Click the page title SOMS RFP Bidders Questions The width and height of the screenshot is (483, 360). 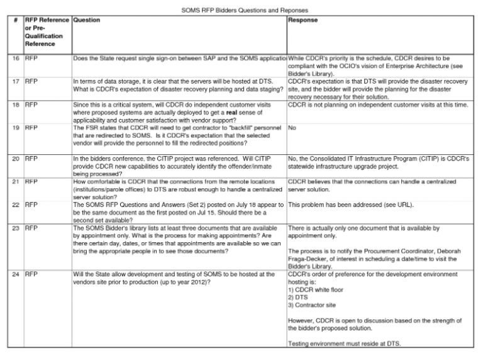(x=241, y=11)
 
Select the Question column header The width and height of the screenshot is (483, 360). (x=87, y=21)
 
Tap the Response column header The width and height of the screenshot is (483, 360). (x=303, y=21)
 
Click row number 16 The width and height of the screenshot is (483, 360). (x=16, y=59)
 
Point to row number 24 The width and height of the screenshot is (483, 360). (x=16, y=274)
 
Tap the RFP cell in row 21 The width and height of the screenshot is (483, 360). (x=31, y=181)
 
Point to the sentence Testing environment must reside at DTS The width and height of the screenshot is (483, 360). (x=343, y=343)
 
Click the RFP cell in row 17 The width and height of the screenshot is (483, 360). (x=31, y=81)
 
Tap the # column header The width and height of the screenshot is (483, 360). (x=16, y=21)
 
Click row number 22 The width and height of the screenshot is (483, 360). (x=16, y=205)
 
